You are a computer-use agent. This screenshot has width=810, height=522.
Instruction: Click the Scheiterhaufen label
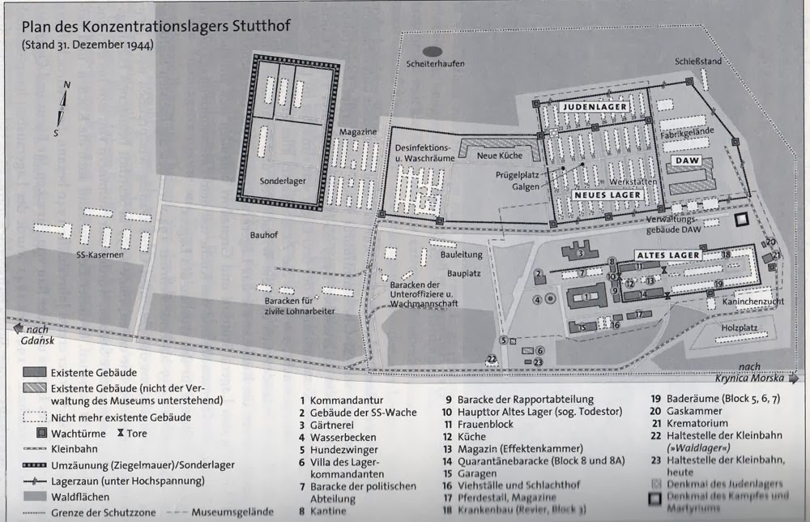[435, 64]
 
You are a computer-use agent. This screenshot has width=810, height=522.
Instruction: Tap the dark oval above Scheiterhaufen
[433, 52]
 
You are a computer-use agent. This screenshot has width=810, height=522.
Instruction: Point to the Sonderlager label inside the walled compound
[283, 181]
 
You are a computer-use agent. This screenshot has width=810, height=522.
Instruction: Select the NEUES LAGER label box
[609, 195]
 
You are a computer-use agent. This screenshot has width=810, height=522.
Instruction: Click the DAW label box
[685, 162]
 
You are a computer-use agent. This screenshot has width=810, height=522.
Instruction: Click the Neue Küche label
[497, 155]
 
